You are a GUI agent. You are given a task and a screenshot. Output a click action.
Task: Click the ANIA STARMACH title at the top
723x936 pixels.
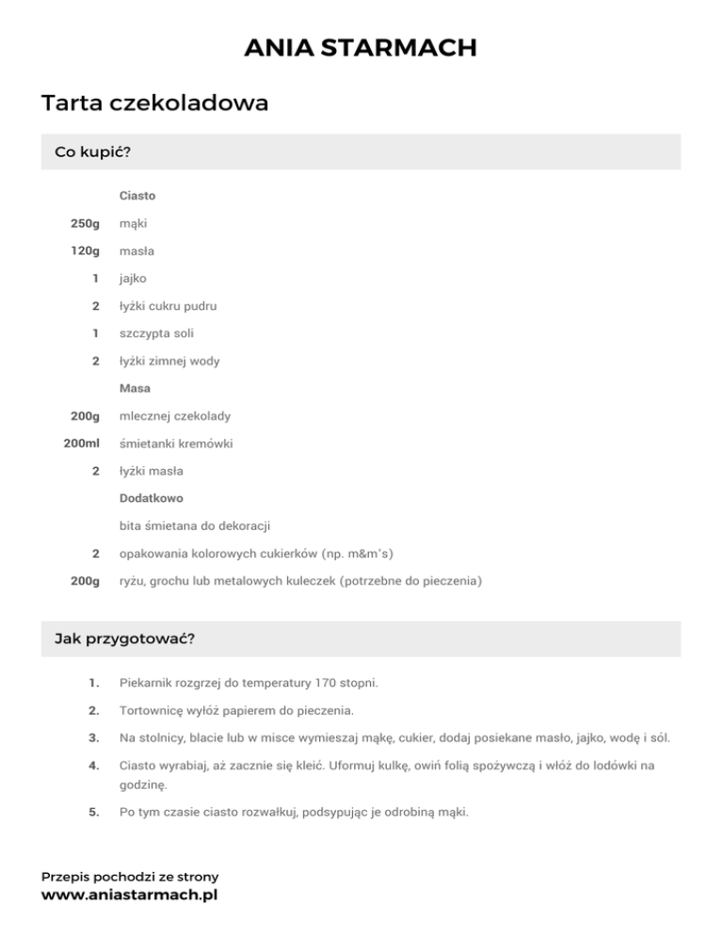(x=361, y=47)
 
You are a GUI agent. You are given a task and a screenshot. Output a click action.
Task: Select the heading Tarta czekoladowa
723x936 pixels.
(x=155, y=103)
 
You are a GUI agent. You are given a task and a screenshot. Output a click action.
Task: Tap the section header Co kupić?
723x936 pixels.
(x=92, y=152)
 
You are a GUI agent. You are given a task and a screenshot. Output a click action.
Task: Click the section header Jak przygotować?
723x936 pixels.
(x=125, y=639)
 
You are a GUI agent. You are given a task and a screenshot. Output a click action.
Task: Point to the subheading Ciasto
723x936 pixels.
(x=137, y=196)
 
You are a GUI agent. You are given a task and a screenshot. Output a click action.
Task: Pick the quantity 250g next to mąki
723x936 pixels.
(x=85, y=223)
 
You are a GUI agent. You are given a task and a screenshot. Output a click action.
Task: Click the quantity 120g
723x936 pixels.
(x=85, y=251)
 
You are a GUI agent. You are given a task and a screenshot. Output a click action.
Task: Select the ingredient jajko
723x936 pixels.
(x=133, y=279)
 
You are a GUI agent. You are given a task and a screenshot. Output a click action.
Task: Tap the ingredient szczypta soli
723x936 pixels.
(x=155, y=333)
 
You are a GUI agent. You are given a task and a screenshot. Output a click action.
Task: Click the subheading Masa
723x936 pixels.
(x=136, y=388)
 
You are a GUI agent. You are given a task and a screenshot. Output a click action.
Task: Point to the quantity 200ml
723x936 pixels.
(x=82, y=443)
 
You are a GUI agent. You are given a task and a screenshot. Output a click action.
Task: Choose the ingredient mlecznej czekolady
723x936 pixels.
(x=175, y=415)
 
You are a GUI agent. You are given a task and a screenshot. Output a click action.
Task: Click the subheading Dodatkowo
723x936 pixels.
(x=152, y=497)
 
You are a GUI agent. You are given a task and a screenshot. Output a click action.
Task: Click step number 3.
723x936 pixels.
(x=93, y=738)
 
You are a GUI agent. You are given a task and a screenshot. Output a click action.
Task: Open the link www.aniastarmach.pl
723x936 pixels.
(x=129, y=896)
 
